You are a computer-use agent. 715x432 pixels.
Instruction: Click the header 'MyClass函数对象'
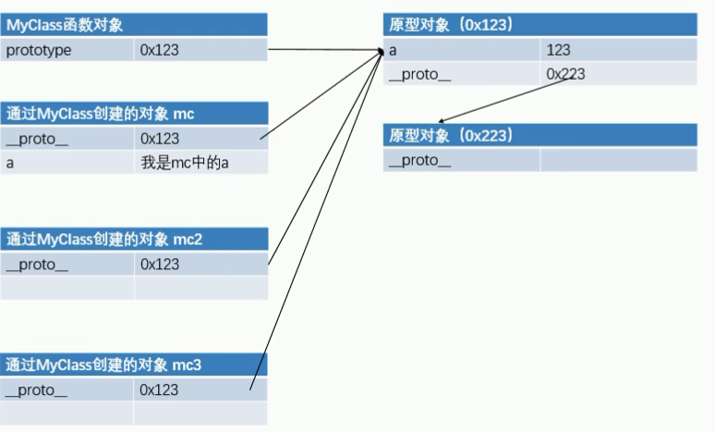click(65, 25)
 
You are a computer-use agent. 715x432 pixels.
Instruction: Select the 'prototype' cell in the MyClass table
click(39, 50)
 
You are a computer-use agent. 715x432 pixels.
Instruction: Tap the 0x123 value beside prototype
click(159, 50)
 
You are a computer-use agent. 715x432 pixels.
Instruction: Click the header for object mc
click(101, 113)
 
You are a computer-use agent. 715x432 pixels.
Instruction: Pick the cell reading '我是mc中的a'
click(185, 163)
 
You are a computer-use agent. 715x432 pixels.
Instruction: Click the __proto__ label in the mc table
click(37, 139)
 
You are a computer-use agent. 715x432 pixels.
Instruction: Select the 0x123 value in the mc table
click(160, 139)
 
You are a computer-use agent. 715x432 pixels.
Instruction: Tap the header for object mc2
click(104, 239)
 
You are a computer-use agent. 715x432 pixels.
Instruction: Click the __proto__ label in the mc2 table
click(37, 265)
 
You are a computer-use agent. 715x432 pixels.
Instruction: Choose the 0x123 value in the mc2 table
click(160, 264)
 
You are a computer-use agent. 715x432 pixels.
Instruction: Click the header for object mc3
click(103, 364)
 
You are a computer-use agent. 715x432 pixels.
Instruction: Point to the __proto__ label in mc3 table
click(36, 390)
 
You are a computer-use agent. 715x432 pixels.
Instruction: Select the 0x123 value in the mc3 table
click(159, 389)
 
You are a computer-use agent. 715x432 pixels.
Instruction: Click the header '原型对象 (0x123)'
click(451, 24)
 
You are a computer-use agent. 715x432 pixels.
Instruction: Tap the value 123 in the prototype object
click(558, 50)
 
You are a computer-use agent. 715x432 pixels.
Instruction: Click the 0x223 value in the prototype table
click(565, 74)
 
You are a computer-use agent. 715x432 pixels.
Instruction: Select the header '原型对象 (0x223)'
click(451, 135)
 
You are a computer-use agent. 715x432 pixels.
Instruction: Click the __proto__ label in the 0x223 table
click(419, 160)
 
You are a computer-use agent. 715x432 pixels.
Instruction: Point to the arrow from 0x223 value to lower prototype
click(505, 100)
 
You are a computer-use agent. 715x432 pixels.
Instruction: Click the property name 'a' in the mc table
click(10, 164)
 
